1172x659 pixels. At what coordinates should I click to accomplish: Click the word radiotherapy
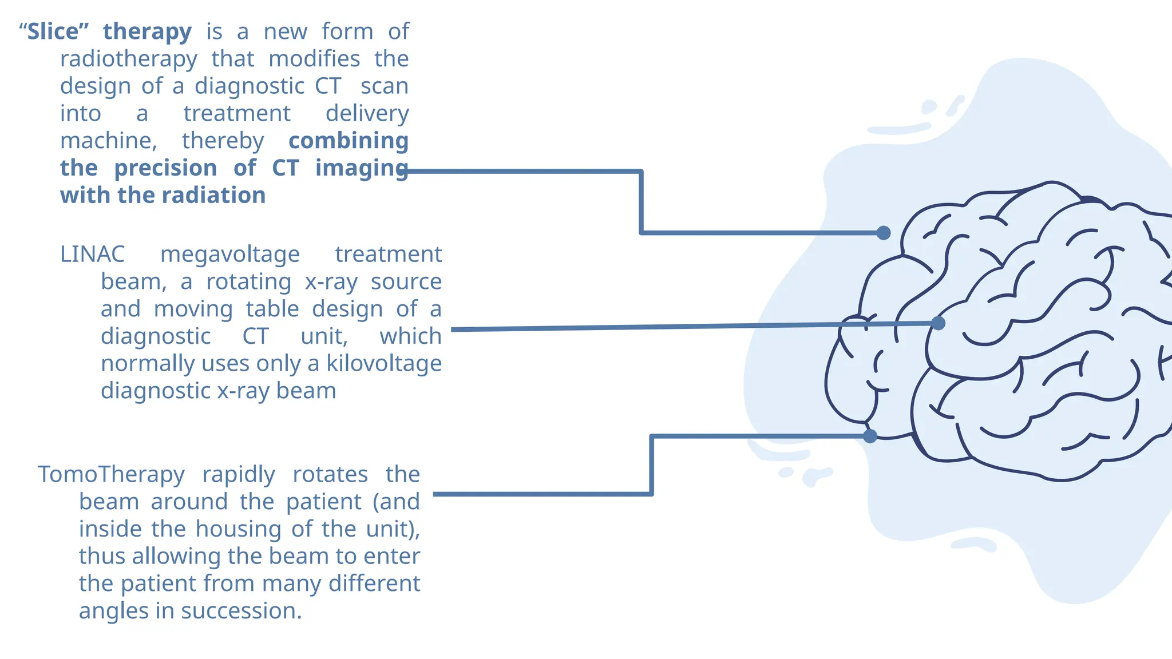(129, 59)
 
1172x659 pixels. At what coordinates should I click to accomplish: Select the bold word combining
(348, 141)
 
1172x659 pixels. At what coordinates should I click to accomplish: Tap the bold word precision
(165, 168)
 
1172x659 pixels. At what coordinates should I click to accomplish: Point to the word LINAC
(92, 254)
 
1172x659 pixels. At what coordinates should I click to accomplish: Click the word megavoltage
(229, 254)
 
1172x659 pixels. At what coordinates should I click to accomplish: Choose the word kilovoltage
(384, 363)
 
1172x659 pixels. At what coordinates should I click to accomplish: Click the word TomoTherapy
(111, 474)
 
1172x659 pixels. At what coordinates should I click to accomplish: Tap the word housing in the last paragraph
(237, 529)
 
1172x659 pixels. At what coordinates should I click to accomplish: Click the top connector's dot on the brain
(884, 233)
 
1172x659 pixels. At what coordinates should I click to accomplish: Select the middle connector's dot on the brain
(938, 323)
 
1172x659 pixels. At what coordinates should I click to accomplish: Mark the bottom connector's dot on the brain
(870, 436)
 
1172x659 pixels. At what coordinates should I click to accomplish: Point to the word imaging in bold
(361, 168)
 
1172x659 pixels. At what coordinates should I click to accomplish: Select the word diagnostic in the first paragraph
(250, 86)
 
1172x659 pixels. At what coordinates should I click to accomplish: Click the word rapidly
(238, 474)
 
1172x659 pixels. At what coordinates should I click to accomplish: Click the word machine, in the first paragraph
(108, 141)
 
